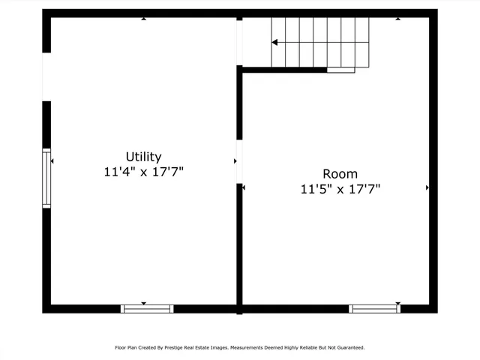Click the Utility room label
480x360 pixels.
coord(143,157)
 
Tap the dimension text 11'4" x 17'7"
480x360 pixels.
coord(143,172)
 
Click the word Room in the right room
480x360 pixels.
coord(340,174)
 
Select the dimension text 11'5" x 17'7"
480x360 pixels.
coord(340,189)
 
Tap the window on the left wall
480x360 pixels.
coord(46,178)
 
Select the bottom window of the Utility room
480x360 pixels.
coord(147,308)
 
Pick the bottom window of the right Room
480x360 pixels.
coord(374,308)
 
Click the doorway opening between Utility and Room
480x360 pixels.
coord(239,161)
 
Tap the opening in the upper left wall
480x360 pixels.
coord(46,76)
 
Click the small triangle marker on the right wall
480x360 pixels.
coord(427,187)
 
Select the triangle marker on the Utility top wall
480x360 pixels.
coord(144,19)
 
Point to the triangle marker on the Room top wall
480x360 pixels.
coord(397,19)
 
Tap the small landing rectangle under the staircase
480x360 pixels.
coord(340,70)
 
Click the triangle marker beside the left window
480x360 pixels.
coord(52,161)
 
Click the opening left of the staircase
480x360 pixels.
coord(239,42)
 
